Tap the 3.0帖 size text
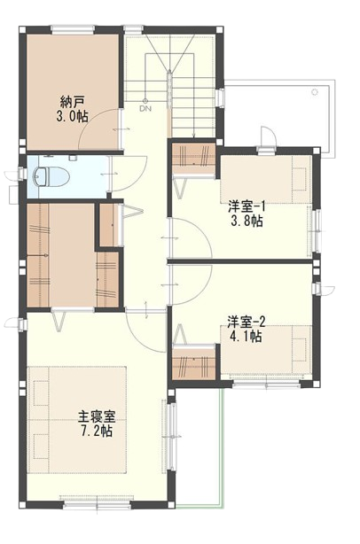[x=72, y=116]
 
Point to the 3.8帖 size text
[x=246, y=221]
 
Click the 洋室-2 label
[x=246, y=321]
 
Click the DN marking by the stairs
[x=145, y=109]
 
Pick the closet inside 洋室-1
[x=192, y=156]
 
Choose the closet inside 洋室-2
[x=194, y=364]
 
